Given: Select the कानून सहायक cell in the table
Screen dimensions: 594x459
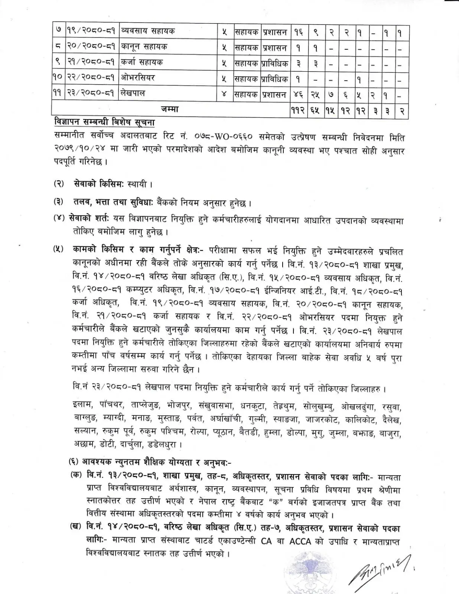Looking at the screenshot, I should [x=144, y=47].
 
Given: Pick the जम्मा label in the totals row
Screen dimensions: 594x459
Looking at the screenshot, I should [x=170, y=109].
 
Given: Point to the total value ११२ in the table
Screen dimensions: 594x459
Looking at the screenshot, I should [x=298, y=111].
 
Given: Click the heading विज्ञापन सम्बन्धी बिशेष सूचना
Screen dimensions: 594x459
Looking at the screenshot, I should [x=104, y=123].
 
